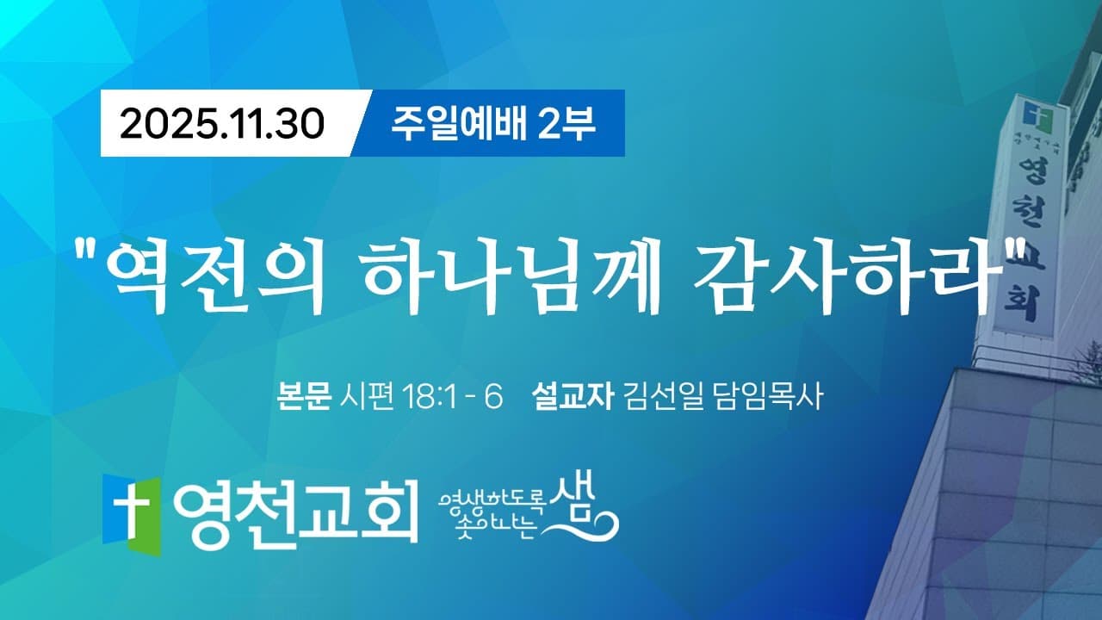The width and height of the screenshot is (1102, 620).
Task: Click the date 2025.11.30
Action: click(221, 124)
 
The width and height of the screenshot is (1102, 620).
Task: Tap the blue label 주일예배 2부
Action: click(493, 124)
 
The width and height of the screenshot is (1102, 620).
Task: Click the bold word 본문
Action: click(304, 399)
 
